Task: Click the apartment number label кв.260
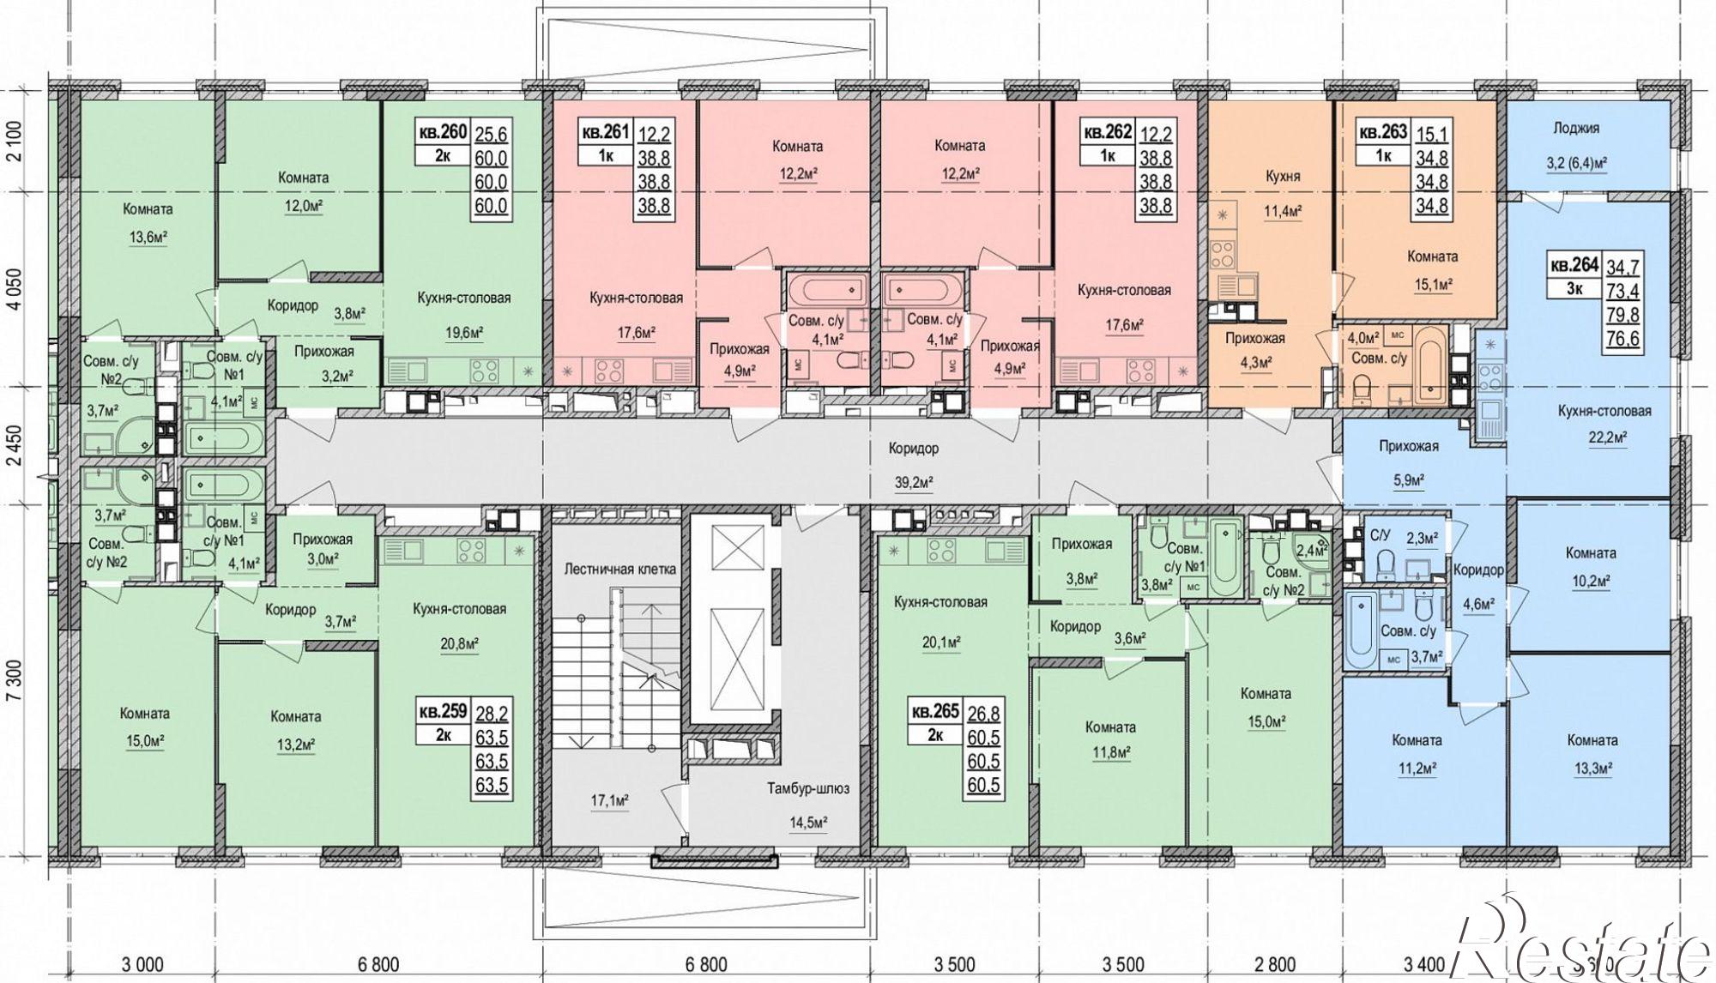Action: [x=442, y=132]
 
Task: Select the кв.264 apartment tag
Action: [x=1574, y=265]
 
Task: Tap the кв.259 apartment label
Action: [x=442, y=711]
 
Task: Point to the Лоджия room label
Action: [x=1576, y=128]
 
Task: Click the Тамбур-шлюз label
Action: [x=808, y=788]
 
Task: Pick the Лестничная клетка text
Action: [x=620, y=569]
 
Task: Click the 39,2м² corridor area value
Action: [x=915, y=483]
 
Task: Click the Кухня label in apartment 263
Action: [x=1284, y=176]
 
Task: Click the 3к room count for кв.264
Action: [x=1574, y=289]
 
